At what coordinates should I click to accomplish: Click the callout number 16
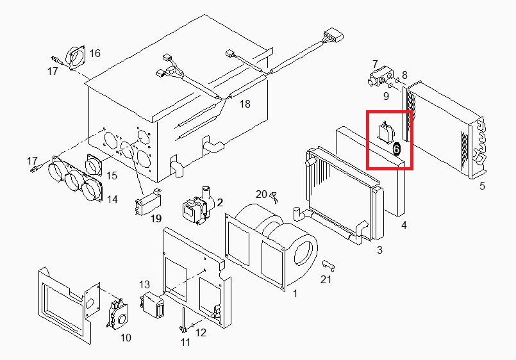[95, 53]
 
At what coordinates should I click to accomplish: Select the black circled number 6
[397, 149]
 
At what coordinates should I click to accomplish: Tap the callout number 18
[245, 104]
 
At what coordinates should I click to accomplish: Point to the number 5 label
[482, 186]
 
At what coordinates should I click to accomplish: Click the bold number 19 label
[156, 218]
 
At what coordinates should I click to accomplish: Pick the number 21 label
[326, 279]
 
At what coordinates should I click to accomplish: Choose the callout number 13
[144, 284]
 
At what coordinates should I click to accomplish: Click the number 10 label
[126, 338]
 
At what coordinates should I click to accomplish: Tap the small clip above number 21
[329, 265]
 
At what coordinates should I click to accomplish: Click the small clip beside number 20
[274, 197]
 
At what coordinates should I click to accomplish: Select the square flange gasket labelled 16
[76, 57]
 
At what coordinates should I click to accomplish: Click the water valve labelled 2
[198, 206]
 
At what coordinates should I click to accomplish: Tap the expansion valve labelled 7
[379, 78]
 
